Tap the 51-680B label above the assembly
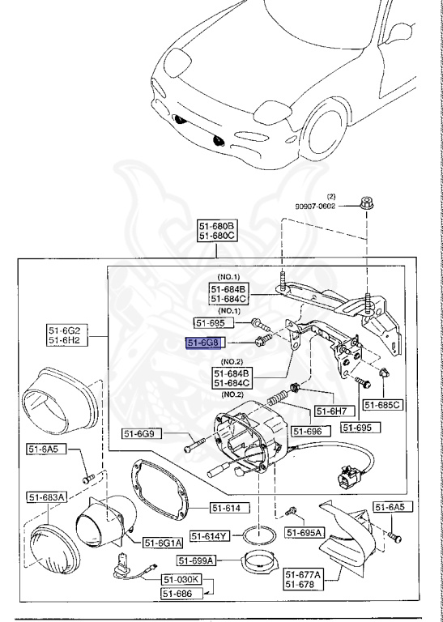pos(217,225)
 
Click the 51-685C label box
pos(382,404)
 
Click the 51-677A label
pos(303,573)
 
